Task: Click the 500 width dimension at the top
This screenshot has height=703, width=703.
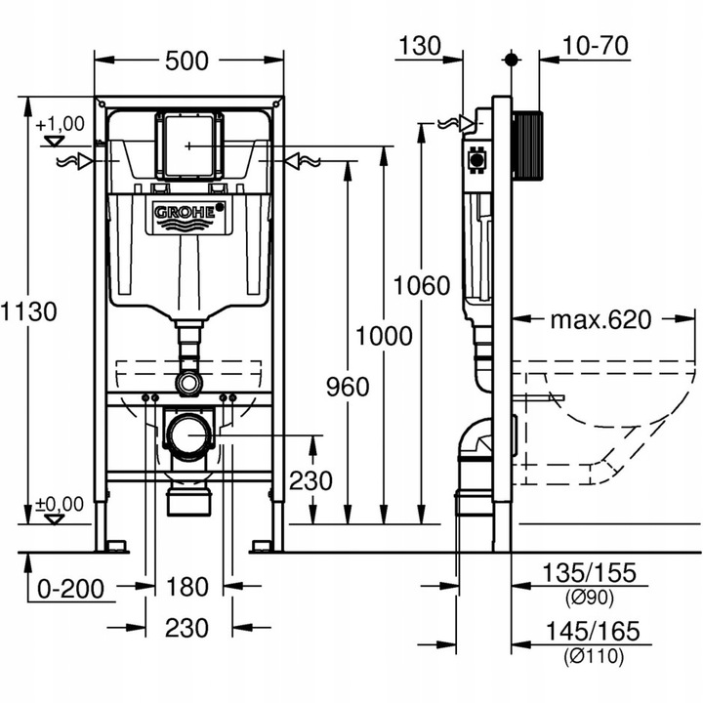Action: click(x=186, y=61)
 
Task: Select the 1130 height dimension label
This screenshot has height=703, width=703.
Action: click(x=30, y=311)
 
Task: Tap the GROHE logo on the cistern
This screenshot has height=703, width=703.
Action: click(x=189, y=213)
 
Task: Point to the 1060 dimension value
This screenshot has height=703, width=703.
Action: click(x=422, y=286)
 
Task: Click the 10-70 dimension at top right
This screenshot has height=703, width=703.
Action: click(x=595, y=45)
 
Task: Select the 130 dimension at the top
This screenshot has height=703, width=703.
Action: click(x=420, y=45)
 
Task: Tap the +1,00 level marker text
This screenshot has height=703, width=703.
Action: click(x=60, y=124)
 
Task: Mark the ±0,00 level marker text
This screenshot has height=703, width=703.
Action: click(x=60, y=503)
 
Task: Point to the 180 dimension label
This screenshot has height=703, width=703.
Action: click(x=187, y=587)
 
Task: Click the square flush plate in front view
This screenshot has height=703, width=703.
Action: click(x=189, y=145)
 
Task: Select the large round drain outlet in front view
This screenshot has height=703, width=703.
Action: click(x=189, y=433)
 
